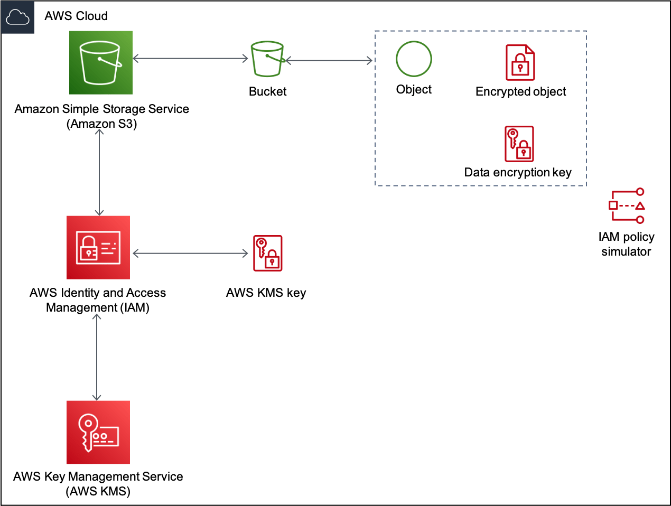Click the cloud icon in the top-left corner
[x=17, y=17]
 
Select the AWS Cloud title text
[x=76, y=16]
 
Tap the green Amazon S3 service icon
[x=100, y=62]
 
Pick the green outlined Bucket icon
[x=267, y=59]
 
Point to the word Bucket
[x=267, y=91]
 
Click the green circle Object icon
[x=414, y=59]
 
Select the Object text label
[x=414, y=90]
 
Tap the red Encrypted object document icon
[x=520, y=62]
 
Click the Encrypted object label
[x=520, y=91]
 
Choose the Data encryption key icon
[x=519, y=144]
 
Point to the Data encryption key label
[x=518, y=173]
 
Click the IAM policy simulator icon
[x=627, y=205]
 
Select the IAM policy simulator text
[x=626, y=244]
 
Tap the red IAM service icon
[x=98, y=247]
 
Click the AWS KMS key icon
[x=267, y=253]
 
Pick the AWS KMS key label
[x=266, y=293]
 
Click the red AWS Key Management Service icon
[x=98, y=432]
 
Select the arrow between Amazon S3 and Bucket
[x=191, y=58]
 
